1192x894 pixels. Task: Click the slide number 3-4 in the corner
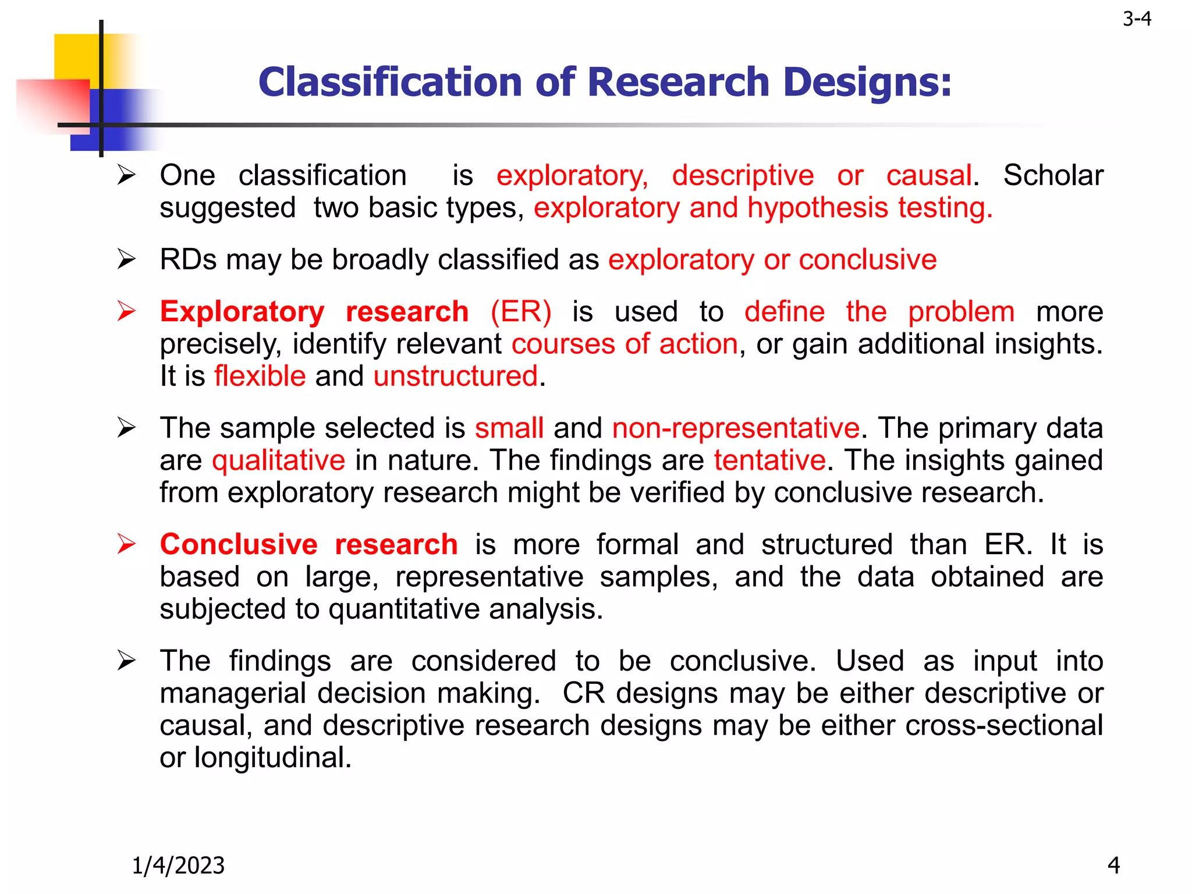click(1137, 19)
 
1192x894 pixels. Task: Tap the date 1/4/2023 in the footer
click(178, 865)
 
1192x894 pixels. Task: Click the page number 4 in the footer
click(1113, 865)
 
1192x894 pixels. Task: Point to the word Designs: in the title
click(867, 83)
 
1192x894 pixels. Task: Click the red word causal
click(929, 175)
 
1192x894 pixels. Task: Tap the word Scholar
click(1053, 175)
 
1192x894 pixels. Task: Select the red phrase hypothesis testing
click(870, 208)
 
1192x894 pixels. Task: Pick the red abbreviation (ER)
click(521, 312)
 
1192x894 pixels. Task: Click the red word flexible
click(260, 376)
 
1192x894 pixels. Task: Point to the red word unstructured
click(455, 376)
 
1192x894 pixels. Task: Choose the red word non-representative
click(736, 428)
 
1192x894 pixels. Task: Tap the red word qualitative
click(278, 460)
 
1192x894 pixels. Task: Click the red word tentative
click(769, 460)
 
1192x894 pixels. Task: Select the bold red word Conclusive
click(239, 545)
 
